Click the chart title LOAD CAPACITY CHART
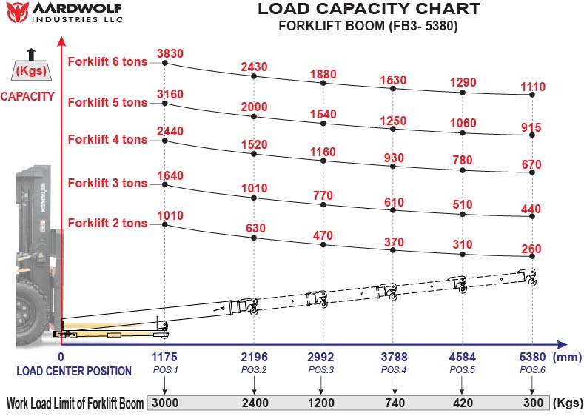(368, 10)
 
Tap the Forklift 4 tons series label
(107, 139)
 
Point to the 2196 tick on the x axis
(254, 357)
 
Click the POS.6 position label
(532, 369)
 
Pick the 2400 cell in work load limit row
(254, 403)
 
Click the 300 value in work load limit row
(532, 403)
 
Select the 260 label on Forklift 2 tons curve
(531, 249)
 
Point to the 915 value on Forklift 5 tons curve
(531, 127)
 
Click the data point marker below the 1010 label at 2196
(254, 198)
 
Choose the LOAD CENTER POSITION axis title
(74, 371)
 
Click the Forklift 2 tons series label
(107, 223)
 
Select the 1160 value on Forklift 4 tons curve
(323, 152)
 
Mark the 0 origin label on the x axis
(61, 357)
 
